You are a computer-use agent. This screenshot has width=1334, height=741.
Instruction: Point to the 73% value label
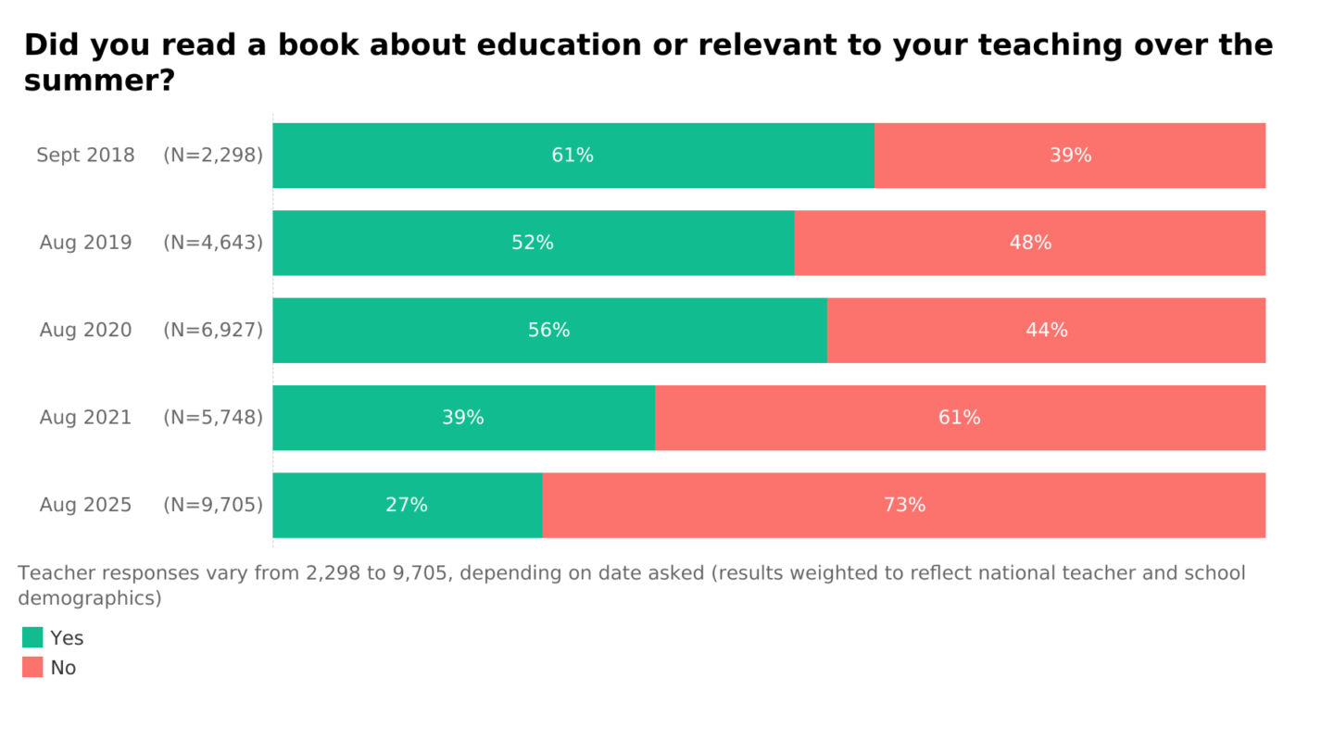click(904, 506)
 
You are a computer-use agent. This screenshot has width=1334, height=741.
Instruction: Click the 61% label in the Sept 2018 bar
click(573, 156)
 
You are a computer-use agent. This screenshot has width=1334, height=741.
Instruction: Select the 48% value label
click(1030, 243)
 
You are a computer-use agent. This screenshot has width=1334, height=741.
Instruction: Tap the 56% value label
click(548, 331)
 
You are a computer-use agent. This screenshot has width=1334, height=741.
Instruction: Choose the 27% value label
click(407, 506)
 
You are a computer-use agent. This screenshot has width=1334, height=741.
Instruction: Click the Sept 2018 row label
click(85, 156)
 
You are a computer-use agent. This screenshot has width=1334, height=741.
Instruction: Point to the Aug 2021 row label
click(85, 418)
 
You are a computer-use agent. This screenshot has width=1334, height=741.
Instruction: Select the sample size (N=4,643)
click(213, 243)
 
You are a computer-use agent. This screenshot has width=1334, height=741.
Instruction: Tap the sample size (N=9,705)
click(213, 506)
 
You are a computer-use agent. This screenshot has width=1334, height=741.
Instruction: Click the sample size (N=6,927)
click(213, 331)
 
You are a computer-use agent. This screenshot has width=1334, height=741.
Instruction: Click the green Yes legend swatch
click(32, 637)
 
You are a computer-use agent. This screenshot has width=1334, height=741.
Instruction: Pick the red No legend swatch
click(32, 667)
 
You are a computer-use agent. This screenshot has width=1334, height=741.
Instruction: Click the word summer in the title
click(91, 82)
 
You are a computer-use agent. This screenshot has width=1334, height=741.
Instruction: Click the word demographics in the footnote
click(89, 598)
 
